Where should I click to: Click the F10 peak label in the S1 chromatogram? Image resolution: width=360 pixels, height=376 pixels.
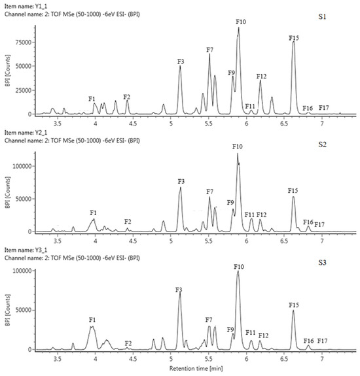pyautogui.click(x=240, y=22)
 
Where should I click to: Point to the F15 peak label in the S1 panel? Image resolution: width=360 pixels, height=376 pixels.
pyautogui.click(x=294, y=38)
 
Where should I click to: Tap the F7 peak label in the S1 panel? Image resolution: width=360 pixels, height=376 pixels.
pyautogui.click(x=209, y=50)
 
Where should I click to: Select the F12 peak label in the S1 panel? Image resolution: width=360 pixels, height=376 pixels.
pyautogui.click(x=261, y=77)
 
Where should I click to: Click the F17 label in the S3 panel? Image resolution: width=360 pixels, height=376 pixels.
pyautogui.click(x=323, y=341)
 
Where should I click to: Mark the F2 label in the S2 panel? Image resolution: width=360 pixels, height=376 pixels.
pyautogui.click(x=128, y=222)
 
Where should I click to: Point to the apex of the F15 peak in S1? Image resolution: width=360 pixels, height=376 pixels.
pyautogui.click(x=293, y=43)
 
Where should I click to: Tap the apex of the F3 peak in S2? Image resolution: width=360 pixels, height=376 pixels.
pyautogui.click(x=181, y=188)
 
